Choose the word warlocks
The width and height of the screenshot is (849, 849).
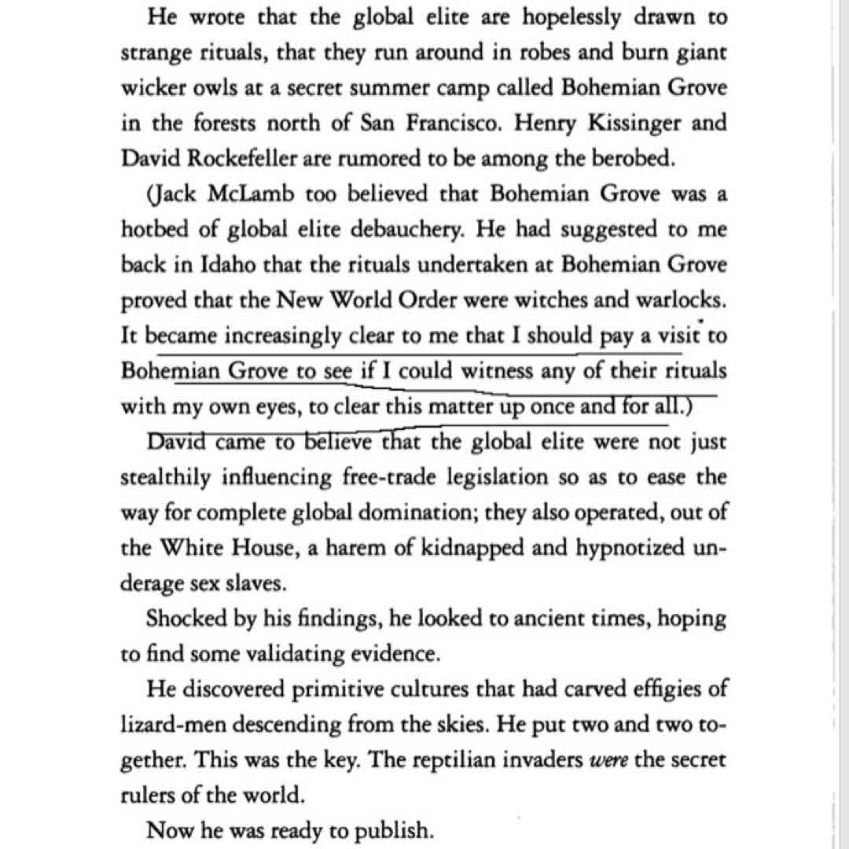coord(677,300)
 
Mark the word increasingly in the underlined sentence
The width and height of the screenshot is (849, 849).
coord(284,336)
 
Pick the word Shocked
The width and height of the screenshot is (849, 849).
coord(183,619)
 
